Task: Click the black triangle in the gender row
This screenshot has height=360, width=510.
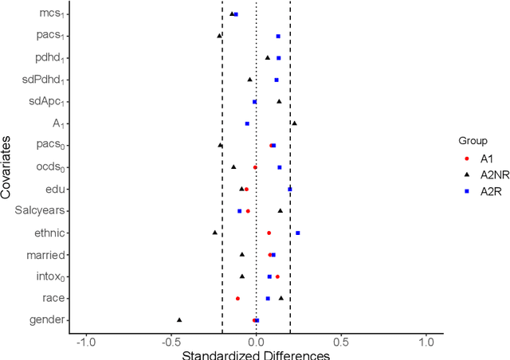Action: point(179,319)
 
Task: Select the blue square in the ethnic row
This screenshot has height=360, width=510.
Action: point(298,233)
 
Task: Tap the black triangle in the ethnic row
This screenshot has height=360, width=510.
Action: point(215,233)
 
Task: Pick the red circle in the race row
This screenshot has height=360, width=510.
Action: point(237,298)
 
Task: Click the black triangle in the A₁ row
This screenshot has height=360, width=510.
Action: point(294,123)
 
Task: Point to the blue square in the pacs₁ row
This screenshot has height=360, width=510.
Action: point(278,36)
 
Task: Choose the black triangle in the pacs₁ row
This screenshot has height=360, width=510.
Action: point(219,36)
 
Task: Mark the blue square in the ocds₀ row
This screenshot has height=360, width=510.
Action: point(280,167)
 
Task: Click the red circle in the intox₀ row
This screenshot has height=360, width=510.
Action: point(277,276)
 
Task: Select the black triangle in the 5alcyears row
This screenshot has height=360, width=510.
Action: point(280,210)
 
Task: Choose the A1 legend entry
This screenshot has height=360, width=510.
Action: point(475,158)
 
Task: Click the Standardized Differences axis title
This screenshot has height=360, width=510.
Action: point(256,354)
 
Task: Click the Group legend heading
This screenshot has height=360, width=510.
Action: point(474,141)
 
